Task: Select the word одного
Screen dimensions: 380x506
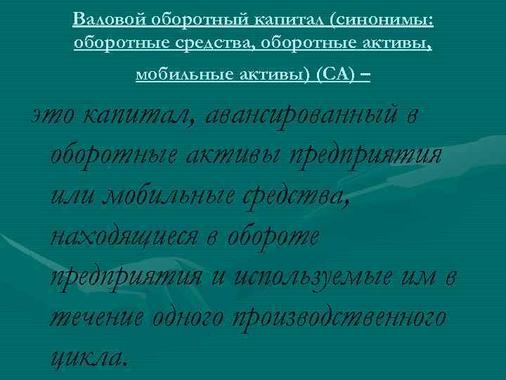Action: tap(189, 317)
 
